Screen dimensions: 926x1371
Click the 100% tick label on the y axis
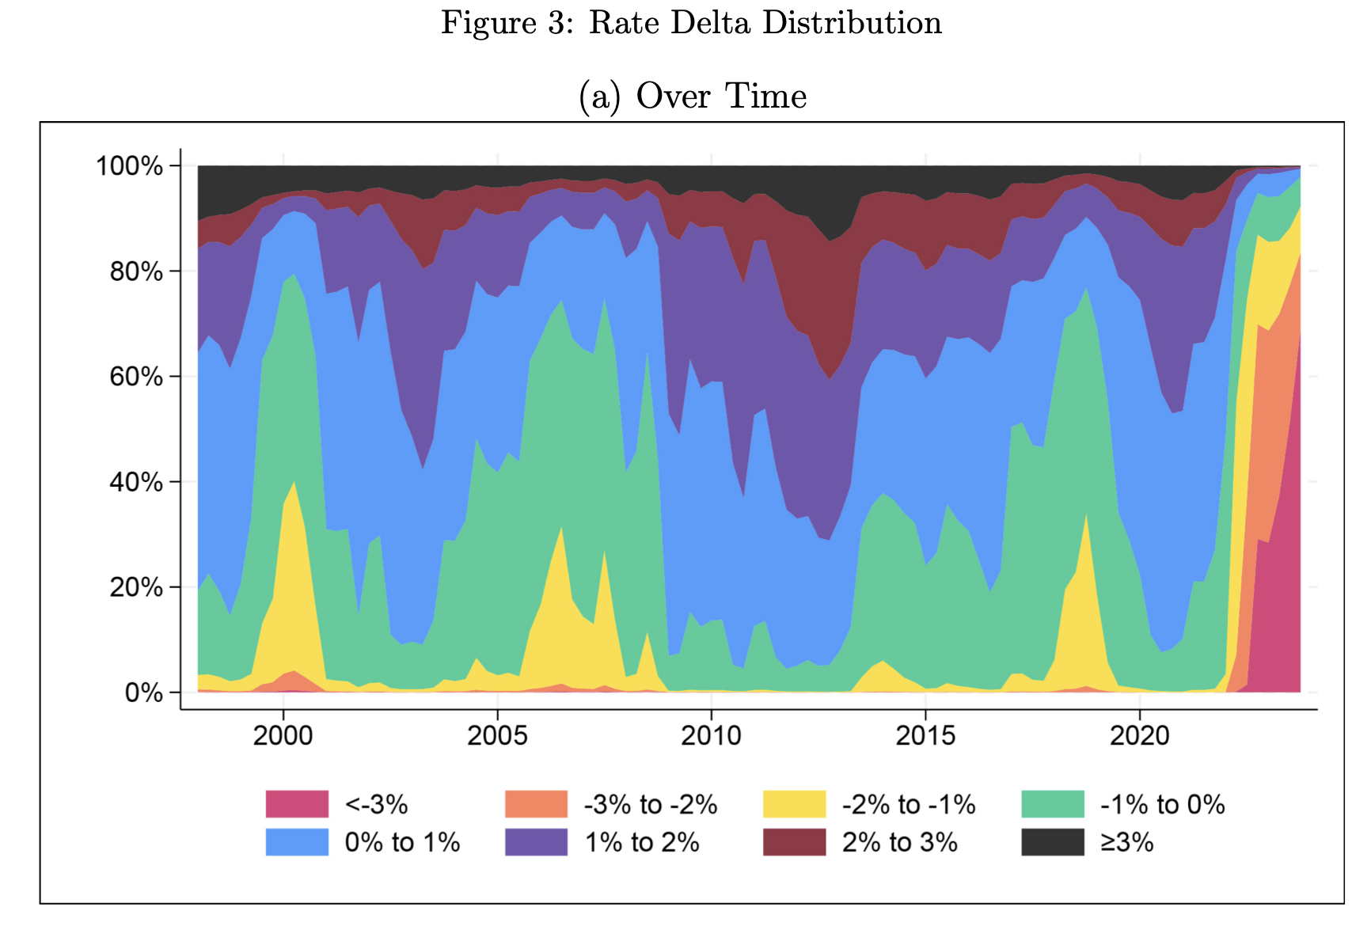click(x=129, y=166)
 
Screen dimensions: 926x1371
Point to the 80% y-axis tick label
click(x=136, y=271)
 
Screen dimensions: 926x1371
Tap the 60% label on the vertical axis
click(x=136, y=377)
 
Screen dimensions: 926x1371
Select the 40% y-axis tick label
click(x=136, y=482)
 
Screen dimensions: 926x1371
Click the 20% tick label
click(x=136, y=587)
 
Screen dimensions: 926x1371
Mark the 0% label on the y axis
click(x=144, y=693)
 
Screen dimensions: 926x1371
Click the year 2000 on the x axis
click(x=283, y=735)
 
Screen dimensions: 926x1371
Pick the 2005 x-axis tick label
click(x=497, y=735)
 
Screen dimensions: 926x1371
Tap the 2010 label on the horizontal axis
click(x=711, y=735)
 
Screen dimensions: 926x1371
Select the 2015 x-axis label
click(x=925, y=735)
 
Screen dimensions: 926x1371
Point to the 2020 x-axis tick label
click(x=1139, y=735)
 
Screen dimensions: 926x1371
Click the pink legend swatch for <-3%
click(x=297, y=804)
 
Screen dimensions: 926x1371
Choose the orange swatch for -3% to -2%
click(x=536, y=804)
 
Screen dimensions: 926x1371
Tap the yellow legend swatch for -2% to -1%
click(x=794, y=804)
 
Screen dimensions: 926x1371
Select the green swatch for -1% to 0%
click(x=1052, y=804)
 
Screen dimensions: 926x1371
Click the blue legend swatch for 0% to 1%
click(x=297, y=842)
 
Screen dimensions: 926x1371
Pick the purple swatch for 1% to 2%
click(x=536, y=842)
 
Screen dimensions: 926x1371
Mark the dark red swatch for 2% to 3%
click(x=794, y=842)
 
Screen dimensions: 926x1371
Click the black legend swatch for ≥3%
click(x=1052, y=842)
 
